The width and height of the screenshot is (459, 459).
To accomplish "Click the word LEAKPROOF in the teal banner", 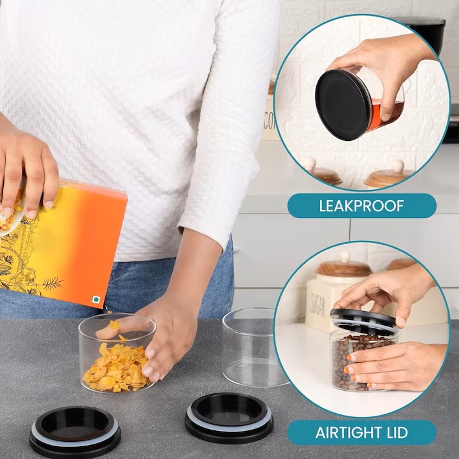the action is tap(361, 206).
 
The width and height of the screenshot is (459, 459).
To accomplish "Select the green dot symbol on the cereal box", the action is tap(96, 300).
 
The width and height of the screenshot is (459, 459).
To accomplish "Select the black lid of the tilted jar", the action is tap(343, 105).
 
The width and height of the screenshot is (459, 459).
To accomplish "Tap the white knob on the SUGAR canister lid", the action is tap(345, 256).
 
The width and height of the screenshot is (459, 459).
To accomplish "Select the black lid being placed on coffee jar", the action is tap(363, 320).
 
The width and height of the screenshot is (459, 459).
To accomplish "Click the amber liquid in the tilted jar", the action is tap(386, 113).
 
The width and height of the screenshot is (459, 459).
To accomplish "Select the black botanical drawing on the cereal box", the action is tap(20, 258).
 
